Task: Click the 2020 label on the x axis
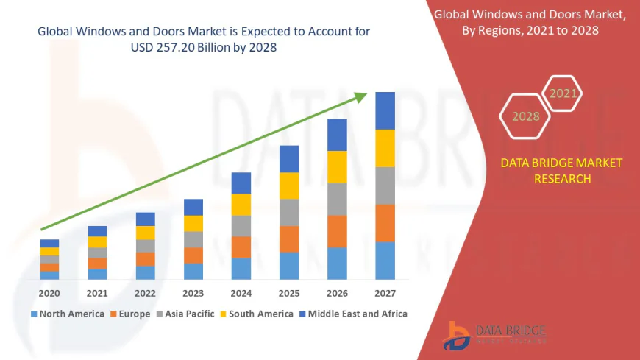49,293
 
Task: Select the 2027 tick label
385,293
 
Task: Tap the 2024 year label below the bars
241,293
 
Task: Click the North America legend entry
67,314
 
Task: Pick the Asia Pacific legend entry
185,314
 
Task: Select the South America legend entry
257,314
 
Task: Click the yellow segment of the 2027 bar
385,148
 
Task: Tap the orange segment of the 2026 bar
337,231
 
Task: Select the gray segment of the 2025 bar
289,212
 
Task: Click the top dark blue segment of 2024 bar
241,183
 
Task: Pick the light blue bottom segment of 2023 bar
193,271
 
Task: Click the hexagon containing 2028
525,116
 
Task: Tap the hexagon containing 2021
563,93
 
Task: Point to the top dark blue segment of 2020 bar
49,243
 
